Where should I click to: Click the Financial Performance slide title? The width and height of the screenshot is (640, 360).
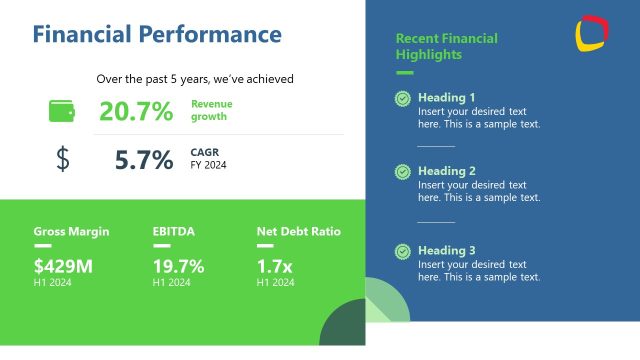(x=157, y=35)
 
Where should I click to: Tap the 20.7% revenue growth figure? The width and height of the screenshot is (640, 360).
(x=136, y=111)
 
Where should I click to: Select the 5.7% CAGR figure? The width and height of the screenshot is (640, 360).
(x=144, y=159)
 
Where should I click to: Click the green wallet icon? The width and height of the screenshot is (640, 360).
(x=62, y=111)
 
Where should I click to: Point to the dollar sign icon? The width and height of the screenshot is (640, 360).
(x=63, y=159)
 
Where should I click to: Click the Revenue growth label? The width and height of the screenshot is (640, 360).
(x=211, y=110)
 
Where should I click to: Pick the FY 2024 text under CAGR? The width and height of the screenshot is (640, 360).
(x=209, y=165)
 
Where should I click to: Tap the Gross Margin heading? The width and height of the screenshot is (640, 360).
(x=71, y=231)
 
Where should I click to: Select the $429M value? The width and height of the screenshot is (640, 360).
(x=63, y=266)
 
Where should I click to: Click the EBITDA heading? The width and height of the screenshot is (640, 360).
(x=173, y=231)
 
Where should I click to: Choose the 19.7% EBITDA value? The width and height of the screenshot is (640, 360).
(x=178, y=266)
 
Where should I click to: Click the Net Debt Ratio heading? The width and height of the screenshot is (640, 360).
(x=299, y=231)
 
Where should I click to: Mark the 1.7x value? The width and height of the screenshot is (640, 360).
(x=274, y=266)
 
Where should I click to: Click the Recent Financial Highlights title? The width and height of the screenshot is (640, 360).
(x=447, y=46)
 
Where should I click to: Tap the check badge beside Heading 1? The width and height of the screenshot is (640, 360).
(x=402, y=98)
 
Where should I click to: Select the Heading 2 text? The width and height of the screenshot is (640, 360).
(x=447, y=171)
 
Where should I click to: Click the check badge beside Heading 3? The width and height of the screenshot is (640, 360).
(x=402, y=251)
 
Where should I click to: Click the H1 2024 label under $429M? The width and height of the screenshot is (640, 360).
(x=52, y=283)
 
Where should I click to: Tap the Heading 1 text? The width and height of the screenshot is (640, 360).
(x=447, y=98)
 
